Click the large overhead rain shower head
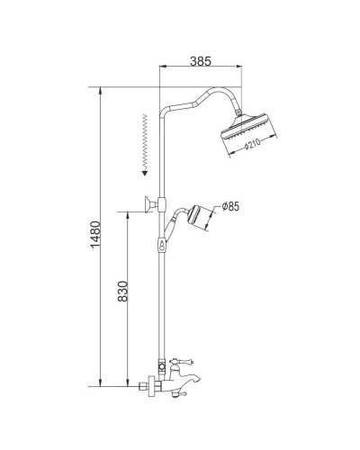247,130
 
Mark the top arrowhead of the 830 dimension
129,213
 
